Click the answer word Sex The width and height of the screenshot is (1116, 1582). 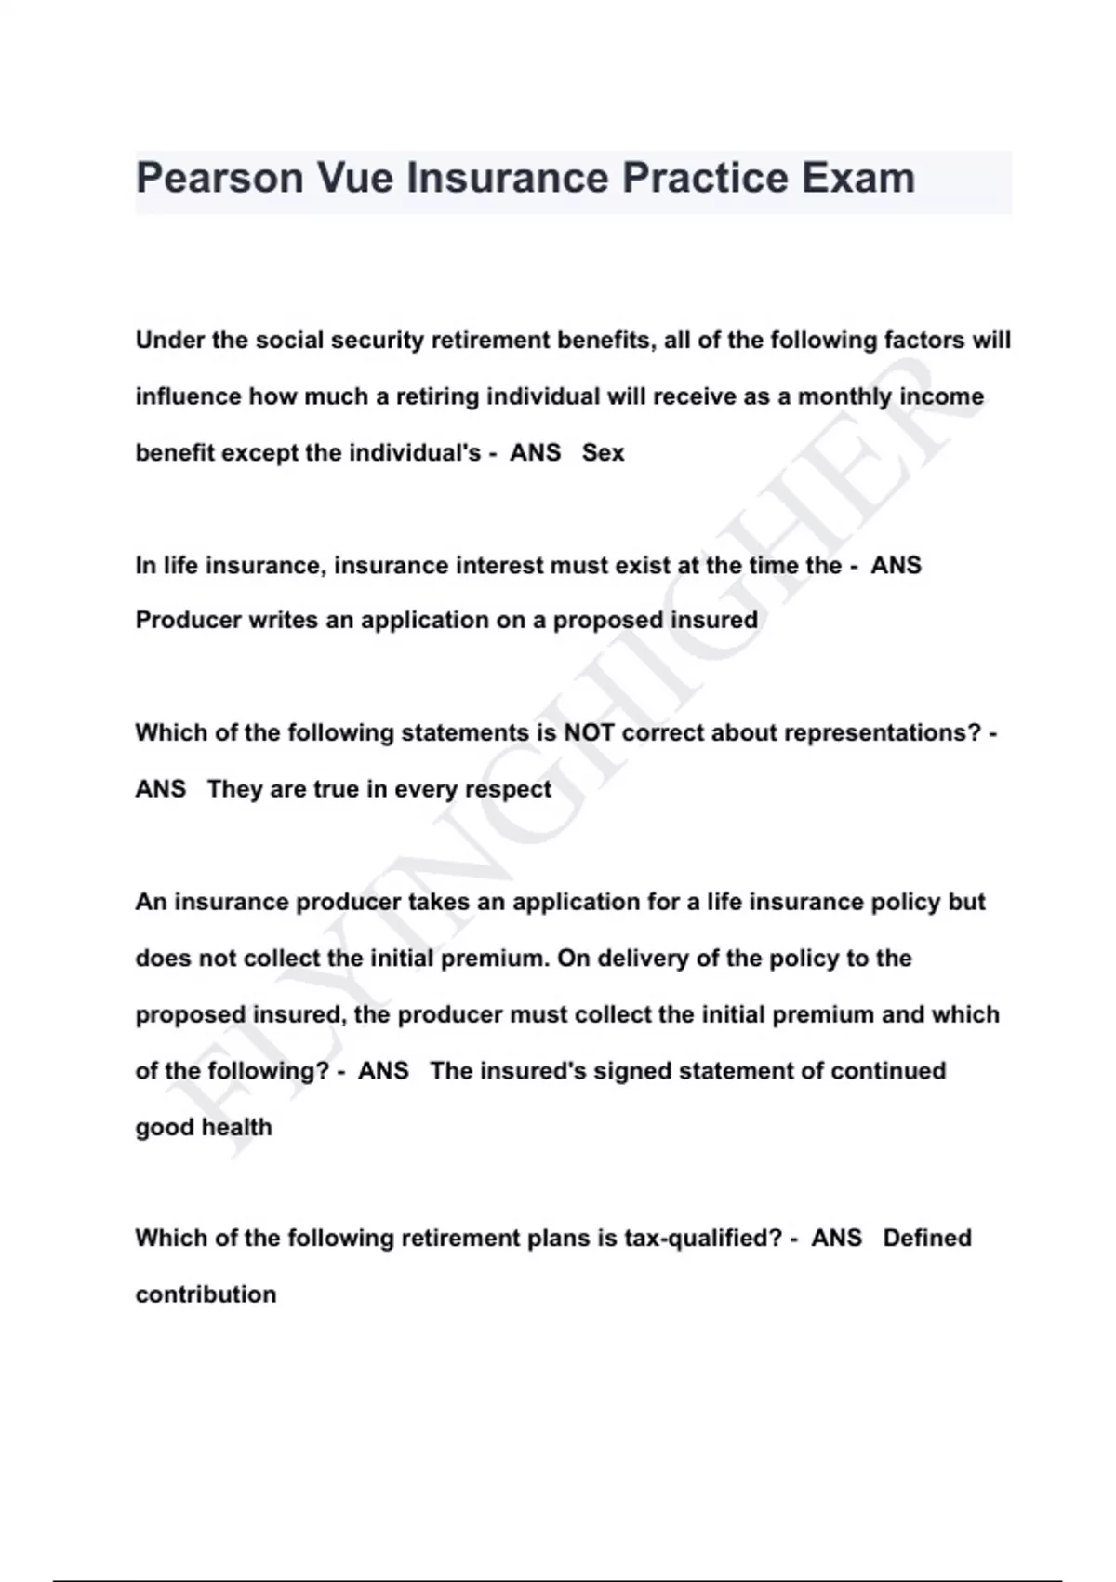603,453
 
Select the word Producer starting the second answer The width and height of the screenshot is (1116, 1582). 188,620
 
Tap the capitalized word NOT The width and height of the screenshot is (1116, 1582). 589,733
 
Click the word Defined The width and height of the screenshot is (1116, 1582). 926,1239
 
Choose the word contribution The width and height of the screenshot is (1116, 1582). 206,1294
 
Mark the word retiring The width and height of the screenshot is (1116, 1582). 437,396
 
